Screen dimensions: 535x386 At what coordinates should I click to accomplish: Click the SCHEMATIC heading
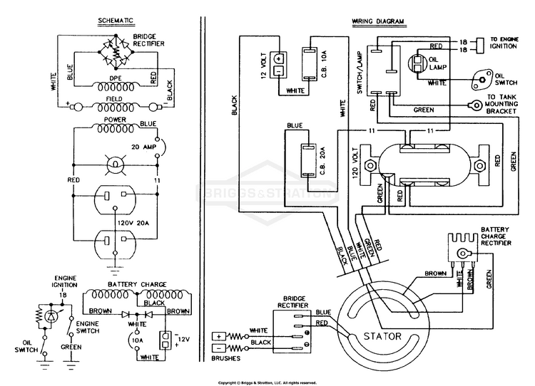(x=116, y=21)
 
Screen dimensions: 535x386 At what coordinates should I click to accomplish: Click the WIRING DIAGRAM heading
(x=377, y=21)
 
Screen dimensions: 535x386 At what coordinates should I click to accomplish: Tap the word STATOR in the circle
(x=382, y=336)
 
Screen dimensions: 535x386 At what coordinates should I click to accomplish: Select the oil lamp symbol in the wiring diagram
(x=418, y=63)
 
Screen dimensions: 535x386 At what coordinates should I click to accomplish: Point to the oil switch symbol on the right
(x=481, y=80)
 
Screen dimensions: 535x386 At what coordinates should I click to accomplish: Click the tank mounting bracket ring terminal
(x=474, y=104)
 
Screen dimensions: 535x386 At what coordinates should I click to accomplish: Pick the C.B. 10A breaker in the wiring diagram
(x=310, y=63)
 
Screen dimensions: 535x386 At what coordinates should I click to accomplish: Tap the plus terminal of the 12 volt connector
(x=279, y=58)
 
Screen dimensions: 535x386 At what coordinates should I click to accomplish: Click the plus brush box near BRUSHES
(x=219, y=337)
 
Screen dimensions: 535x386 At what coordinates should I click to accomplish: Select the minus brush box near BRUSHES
(x=219, y=348)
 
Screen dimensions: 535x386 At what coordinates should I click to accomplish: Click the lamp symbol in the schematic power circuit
(x=116, y=165)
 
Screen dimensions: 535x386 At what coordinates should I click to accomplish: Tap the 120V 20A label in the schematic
(x=133, y=224)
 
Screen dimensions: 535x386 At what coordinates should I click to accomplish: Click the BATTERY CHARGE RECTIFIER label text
(x=496, y=236)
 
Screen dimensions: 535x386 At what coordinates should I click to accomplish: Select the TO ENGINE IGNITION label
(x=504, y=43)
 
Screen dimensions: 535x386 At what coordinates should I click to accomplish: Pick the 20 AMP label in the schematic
(x=144, y=147)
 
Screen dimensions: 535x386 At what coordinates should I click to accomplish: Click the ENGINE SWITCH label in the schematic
(x=88, y=327)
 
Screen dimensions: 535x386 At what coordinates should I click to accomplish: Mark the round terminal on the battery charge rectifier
(x=462, y=254)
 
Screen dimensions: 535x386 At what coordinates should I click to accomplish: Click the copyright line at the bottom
(x=267, y=383)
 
